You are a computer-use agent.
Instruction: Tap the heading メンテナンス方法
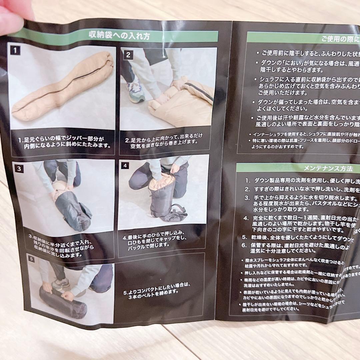[x=328, y=168]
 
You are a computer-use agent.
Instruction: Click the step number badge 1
[x=15, y=51]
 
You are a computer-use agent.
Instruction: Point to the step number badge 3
[x=19, y=169]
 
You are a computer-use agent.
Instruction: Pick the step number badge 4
[x=125, y=166]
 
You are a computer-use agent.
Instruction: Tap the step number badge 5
[x=31, y=258]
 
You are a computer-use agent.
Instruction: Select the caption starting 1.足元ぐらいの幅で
[x=63, y=143]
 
